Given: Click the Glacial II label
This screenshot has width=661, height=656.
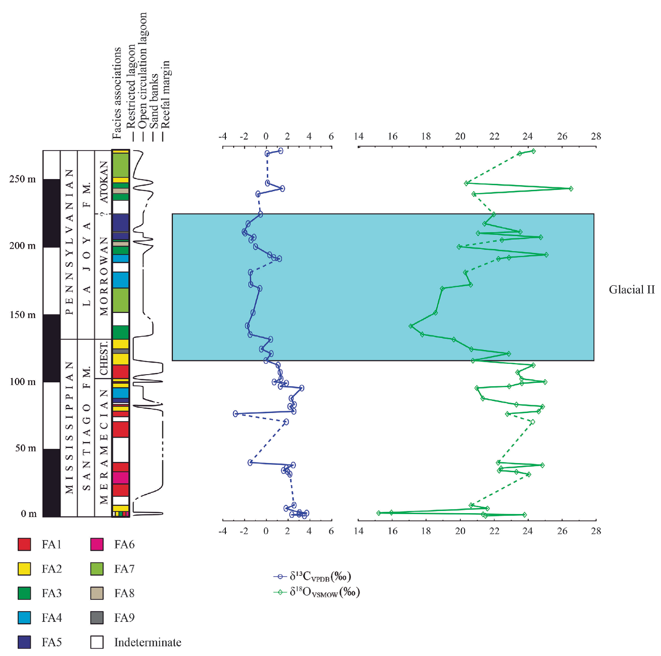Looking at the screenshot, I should click(631, 290).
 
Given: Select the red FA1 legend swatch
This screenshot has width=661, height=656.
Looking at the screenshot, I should click(24, 544).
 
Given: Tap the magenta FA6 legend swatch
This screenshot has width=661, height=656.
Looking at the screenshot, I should click(97, 544).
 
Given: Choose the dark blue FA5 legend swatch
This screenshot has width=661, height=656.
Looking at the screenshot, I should click(24, 642).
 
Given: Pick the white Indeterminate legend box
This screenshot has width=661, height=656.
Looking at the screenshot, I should click(97, 642).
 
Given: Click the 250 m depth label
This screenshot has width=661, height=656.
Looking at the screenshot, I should click(22, 179).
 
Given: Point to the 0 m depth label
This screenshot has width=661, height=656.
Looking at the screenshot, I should click(29, 514).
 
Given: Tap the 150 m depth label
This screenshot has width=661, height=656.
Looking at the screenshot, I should click(22, 315).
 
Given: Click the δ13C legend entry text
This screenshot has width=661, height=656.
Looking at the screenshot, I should click(320, 576).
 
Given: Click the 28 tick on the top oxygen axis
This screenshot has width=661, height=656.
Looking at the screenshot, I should click(596, 136).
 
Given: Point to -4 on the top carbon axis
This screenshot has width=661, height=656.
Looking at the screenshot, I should click(222, 136).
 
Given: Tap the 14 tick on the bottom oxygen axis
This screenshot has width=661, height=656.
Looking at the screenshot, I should click(358, 531).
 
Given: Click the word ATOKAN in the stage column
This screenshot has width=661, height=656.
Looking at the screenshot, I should click(104, 182).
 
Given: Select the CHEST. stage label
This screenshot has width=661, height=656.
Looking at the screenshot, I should click(104, 359).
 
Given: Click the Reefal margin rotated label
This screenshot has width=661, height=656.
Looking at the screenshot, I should click(165, 94).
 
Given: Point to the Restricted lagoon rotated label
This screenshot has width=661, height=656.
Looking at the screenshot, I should click(130, 86).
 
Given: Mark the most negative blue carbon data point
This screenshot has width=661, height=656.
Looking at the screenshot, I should click(235, 413).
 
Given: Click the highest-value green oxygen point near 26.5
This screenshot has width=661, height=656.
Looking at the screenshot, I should click(571, 189).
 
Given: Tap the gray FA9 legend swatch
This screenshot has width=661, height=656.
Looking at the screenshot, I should click(97, 618).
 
